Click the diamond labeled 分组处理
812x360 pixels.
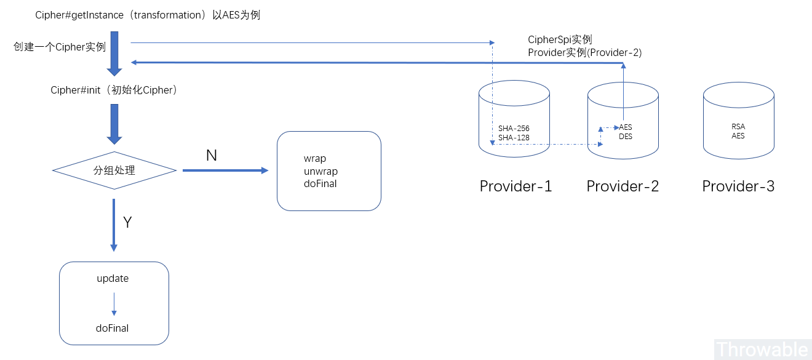pyautogui.click(x=114, y=170)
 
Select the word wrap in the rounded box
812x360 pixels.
pyautogui.click(x=315, y=159)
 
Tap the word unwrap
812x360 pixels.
pyautogui.click(x=320, y=171)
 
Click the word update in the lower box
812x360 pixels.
pyautogui.click(x=113, y=279)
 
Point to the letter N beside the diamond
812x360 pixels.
pyautogui.click(x=211, y=156)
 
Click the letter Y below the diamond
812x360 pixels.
pyautogui.click(x=127, y=223)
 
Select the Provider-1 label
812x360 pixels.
pyautogui.click(x=515, y=186)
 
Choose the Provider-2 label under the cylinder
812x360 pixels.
pyautogui.click(x=623, y=186)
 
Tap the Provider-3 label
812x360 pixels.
pyautogui.click(x=738, y=186)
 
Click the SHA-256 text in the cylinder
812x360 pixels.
pyautogui.click(x=514, y=129)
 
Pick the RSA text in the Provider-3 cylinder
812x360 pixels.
pyautogui.click(x=738, y=127)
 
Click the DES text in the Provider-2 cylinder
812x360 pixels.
pyautogui.click(x=625, y=137)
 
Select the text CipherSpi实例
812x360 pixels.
pyautogui.click(x=560, y=40)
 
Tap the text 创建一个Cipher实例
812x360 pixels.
pyautogui.click(x=60, y=47)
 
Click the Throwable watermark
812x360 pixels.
pyautogui.click(x=762, y=350)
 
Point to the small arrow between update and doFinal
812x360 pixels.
pyautogui.click(x=114, y=303)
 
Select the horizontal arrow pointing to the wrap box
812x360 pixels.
pyautogui.click(x=225, y=170)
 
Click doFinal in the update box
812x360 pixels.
pyautogui.click(x=113, y=329)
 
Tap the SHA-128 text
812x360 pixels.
pyautogui.click(x=514, y=138)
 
